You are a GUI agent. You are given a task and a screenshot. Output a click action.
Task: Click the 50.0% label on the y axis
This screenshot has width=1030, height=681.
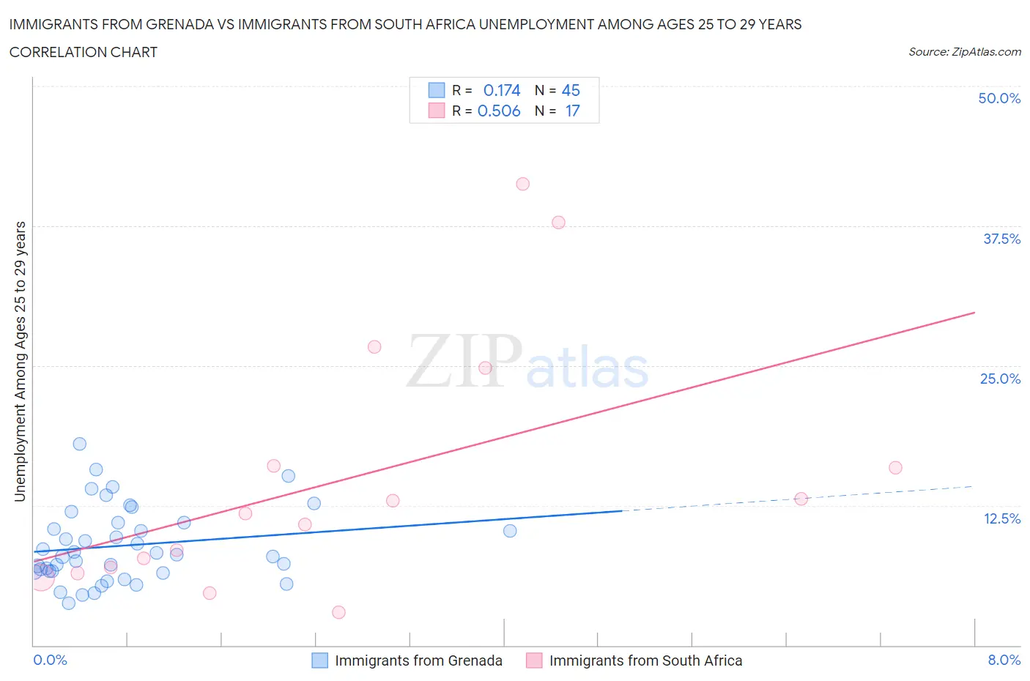coord(999,98)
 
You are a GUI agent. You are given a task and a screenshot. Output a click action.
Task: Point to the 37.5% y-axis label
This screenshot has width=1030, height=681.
coord(1001,239)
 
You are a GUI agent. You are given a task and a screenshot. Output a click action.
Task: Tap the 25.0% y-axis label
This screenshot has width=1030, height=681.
coord(1000,379)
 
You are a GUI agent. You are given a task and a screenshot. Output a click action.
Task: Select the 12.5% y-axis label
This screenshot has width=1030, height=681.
coord(1001,518)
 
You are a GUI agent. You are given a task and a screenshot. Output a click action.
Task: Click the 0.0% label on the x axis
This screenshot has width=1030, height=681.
coord(50,660)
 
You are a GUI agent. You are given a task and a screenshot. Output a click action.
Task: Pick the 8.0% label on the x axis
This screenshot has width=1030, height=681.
coord(1004,660)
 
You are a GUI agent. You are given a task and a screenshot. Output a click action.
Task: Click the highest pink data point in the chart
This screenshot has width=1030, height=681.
coord(522,184)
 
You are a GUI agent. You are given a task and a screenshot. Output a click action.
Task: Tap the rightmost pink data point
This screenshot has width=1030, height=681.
coord(895,468)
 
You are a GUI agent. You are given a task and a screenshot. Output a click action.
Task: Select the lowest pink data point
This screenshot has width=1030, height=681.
coord(338,612)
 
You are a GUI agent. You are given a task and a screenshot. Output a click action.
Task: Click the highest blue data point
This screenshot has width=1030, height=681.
coord(80,444)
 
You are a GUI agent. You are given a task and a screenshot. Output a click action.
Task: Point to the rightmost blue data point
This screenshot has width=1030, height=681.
coord(510,531)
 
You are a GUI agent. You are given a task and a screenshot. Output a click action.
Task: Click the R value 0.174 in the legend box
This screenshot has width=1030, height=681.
coord(502,90)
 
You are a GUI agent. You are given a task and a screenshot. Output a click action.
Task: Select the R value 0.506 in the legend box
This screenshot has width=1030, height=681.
coord(499,111)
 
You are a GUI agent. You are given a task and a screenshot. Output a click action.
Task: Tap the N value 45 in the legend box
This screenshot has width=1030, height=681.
coord(571,90)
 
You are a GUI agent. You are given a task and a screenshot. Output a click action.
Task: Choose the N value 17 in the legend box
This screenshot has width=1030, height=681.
coord(572,111)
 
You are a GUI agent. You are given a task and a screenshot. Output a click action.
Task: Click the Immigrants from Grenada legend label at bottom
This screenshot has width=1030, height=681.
coord(418,660)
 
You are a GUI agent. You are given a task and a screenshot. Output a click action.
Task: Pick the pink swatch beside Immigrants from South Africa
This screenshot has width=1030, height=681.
coord(534,660)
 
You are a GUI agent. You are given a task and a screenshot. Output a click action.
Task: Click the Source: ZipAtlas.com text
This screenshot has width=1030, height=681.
coord(964,52)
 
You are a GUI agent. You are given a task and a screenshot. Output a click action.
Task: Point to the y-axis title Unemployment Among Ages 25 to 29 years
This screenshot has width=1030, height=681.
coord(21,361)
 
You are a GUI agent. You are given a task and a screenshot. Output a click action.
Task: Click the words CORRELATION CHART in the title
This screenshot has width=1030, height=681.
coord(84,52)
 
